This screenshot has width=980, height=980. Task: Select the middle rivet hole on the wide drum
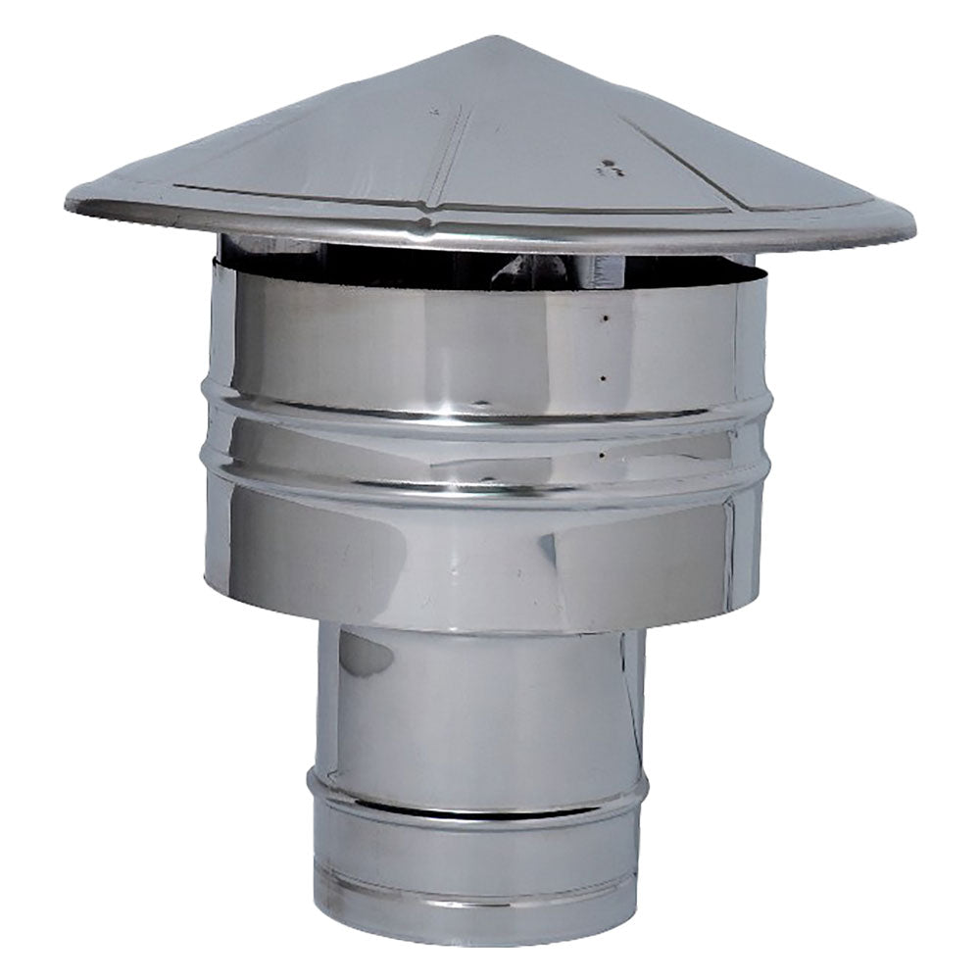point(603,376)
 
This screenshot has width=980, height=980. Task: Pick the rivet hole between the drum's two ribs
point(600,454)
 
